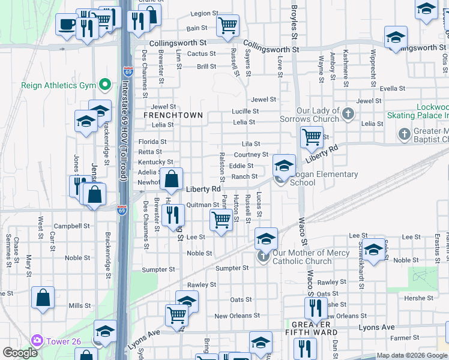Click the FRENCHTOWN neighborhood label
click(x=173, y=115)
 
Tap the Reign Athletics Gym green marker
click(x=106, y=85)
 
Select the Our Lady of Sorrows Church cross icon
click(x=347, y=113)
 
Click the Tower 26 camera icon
click(x=37, y=341)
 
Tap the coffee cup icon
click(x=66, y=25)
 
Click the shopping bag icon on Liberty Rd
click(x=172, y=179)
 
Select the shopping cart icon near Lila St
click(x=312, y=137)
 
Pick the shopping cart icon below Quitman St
click(x=221, y=220)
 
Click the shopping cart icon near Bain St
click(x=228, y=26)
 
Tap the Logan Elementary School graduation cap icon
click(x=284, y=165)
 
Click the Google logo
click(x=20, y=353)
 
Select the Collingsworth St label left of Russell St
click(x=178, y=43)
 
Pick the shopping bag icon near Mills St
click(x=43, y=298)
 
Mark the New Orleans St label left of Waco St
click(x=237, y=316)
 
